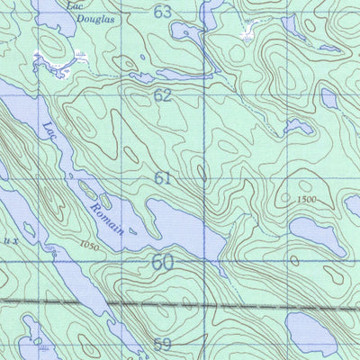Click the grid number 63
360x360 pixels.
point(162,12)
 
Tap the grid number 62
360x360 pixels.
point(162,94)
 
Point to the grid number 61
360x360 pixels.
point(162,178)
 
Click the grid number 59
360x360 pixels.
point(162,344)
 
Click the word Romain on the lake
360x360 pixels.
point(106,216)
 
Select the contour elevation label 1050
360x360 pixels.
point(87,244)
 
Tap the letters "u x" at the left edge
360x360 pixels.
point(8,241)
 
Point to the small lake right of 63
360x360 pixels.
point(191,34)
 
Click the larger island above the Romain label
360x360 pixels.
point(90,190)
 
